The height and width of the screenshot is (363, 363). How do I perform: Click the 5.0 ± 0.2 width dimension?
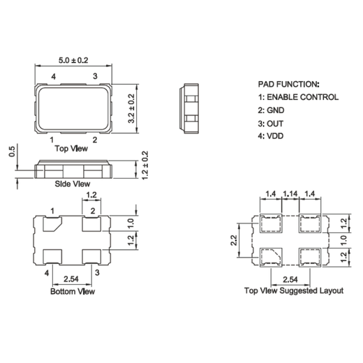coord(73,61)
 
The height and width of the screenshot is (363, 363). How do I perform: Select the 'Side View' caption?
coord(73,184)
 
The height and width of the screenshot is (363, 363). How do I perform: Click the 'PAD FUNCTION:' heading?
coord(288,83)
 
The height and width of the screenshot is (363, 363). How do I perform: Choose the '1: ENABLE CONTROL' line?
coord(298,97)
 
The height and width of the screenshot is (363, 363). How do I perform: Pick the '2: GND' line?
coord(271,110)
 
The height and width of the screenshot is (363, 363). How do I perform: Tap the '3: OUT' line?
coord(271,124)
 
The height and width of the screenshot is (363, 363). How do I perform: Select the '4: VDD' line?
coord(271,137)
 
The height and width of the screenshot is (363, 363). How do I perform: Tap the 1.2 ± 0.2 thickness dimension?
coord(145,165)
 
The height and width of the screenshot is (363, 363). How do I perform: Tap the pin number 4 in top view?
coord(54,76)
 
